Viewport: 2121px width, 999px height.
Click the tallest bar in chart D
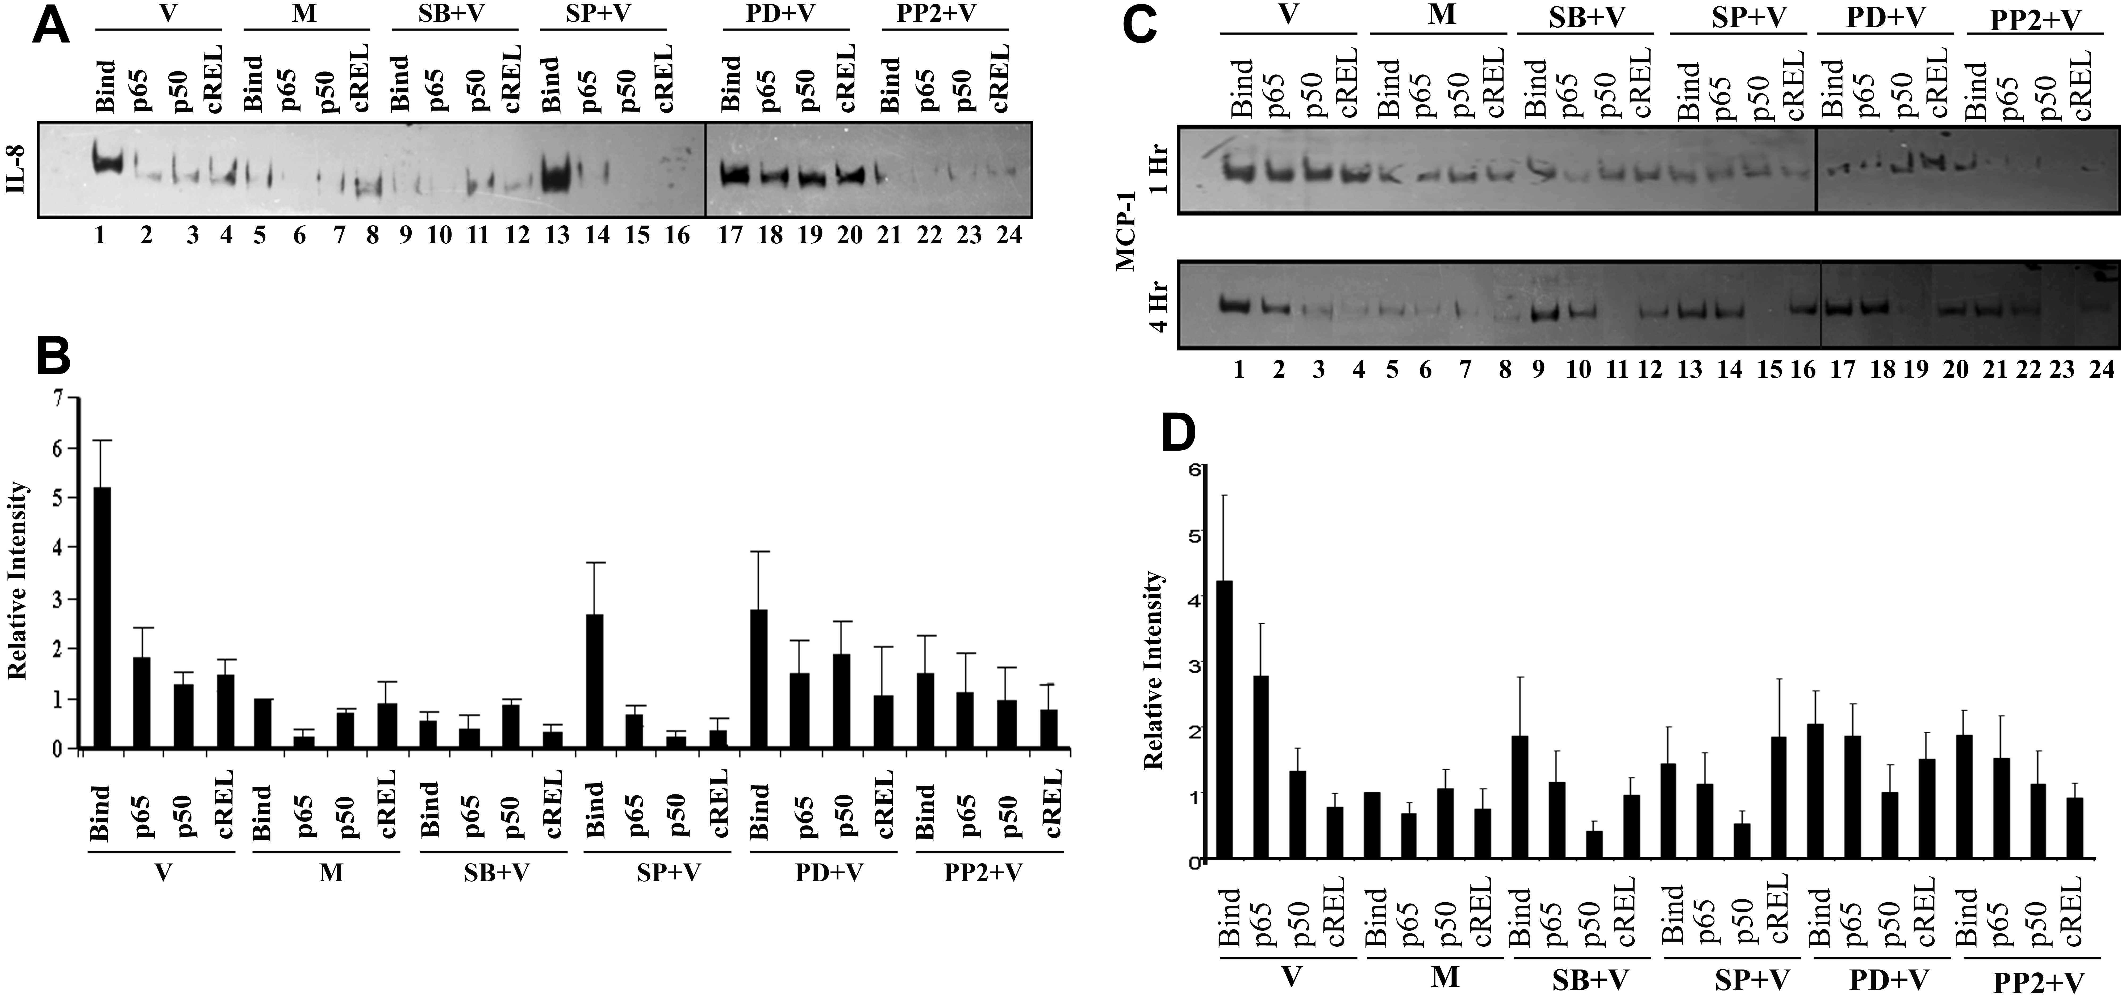pos(1224,720)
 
